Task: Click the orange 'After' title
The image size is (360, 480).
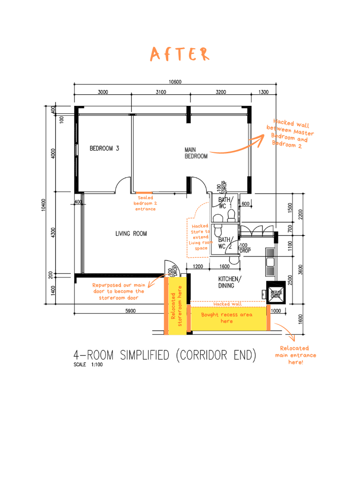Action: (x=180, y=54)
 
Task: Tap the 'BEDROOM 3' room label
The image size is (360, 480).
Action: (x=105, y=149)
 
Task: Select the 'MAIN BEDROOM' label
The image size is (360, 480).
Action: (x=196, y=153)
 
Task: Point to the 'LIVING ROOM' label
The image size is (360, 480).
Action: (x=131, y=233)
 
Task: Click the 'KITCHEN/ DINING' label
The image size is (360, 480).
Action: (x=230, y=282)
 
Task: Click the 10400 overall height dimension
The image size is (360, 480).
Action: (x=44, y=206)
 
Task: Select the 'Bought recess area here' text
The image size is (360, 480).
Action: (x=227, y=318)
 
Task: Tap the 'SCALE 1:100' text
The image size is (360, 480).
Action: (x=88, y=365)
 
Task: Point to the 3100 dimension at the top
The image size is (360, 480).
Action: (x=161, y=92)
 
